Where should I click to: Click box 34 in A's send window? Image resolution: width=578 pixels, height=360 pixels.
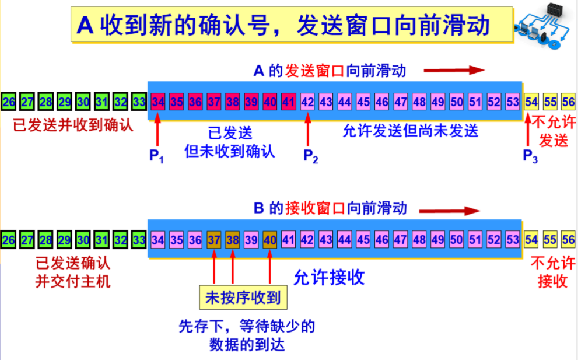pyautogui.click(x=157, y=102)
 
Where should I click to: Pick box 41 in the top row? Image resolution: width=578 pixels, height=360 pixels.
pyautogui.click(x=288, y=102)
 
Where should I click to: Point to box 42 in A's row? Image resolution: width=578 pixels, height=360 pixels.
pyautogui.click(x=307, y=102)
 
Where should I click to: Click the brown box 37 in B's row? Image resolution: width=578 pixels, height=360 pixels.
pyautogui.click(x=214, y=239)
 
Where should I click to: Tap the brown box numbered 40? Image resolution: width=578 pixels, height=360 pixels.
pyautogui.click(x=269, y=239)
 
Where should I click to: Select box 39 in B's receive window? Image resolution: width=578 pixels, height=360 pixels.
pyautogui.click(x=251, y=239)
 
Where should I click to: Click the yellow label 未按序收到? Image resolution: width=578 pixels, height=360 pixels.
pyautogui.click(x=243, y=298)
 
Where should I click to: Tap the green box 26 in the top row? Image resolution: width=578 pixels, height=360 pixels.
pyautogui.click(x=8, y=102)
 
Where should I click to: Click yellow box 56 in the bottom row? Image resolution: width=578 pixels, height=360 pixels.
pyautogui.click(x=568, y=239)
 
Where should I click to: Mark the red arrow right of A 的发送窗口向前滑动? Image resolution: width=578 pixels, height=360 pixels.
pyautogui.click(x=454, y=71)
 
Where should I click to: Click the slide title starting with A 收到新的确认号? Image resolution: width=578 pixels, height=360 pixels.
pyautogui.click(x=282, y=25)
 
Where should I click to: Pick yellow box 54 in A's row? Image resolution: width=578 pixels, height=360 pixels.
pyautogui.click(x=531, y=102)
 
